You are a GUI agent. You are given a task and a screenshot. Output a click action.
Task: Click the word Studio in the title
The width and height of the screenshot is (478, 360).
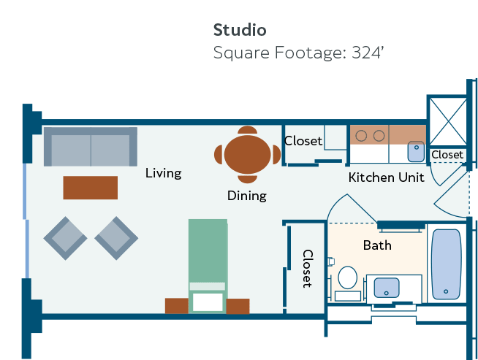coord(240,30)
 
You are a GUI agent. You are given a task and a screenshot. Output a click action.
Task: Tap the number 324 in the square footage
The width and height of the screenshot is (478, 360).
coord(366,53)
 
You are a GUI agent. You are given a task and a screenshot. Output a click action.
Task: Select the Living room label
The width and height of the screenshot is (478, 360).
coord(164,173)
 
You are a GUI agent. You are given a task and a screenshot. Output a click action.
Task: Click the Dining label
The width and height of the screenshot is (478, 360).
coord(247,196)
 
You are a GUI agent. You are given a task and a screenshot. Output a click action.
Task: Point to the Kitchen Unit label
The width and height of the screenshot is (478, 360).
coord(386,177)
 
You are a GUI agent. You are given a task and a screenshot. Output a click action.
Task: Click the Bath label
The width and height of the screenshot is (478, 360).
coord(377,245)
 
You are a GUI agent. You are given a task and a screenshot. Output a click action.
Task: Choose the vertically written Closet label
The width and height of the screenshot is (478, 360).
coord(308,269)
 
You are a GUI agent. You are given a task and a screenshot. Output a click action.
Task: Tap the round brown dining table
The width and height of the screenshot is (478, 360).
coord(247,154)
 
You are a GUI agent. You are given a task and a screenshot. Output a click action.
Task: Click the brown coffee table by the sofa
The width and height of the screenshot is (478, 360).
coord(90,188)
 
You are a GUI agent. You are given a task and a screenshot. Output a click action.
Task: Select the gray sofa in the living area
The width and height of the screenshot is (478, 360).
coord(91,147)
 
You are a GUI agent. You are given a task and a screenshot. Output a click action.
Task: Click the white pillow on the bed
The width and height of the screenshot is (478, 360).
coord(208,302)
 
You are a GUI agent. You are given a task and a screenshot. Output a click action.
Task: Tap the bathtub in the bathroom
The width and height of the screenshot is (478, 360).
coord(447,264)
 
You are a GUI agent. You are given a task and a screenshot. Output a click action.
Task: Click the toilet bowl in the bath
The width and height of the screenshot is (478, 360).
coord(347,277)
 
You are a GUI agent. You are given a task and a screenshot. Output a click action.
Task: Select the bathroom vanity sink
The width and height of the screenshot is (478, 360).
coord(386,288)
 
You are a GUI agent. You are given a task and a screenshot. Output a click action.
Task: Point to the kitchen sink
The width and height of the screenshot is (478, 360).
coord(416,151)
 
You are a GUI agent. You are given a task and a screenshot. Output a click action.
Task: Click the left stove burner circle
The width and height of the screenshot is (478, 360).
coord(361,136)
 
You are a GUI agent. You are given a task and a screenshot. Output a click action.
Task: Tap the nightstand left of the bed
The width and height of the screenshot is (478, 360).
coord(176,306)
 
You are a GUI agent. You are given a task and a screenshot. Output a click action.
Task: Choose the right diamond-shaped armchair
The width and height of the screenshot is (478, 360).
coord(116,238)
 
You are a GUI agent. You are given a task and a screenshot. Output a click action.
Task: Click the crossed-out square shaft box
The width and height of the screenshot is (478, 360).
coord(448,121)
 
